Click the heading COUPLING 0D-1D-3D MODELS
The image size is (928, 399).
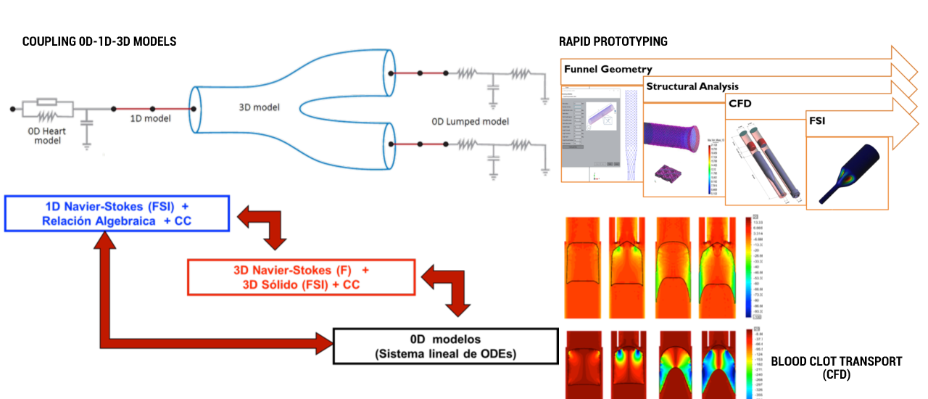(x=99, y=42)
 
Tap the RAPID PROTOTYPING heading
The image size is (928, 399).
(x=613, y=42)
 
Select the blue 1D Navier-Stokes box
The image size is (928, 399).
(x=117, y=213)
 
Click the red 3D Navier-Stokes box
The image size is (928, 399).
(x=301, y=277)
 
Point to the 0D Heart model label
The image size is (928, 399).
(x=48, y=135)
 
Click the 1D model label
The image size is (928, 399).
(x=151, y=118)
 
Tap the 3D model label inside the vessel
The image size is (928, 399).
(x=260, y=107)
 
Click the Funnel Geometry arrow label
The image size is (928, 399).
(x=608, y=70)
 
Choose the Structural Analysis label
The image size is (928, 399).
(x=692, y=86)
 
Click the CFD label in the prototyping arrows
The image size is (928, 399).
(x=741, y=104)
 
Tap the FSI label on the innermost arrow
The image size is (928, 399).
(x=817, y=121)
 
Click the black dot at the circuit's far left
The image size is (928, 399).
(x=12, y=110)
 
